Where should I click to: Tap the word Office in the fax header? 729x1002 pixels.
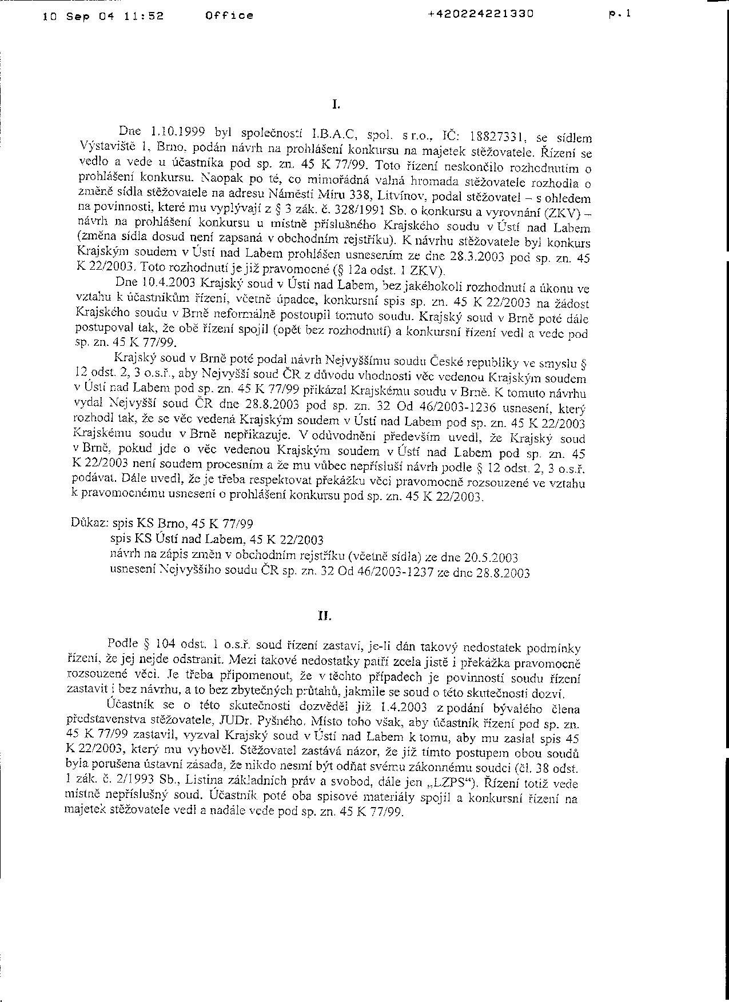coord(229,16)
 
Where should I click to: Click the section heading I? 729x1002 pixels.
coord(336,105)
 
